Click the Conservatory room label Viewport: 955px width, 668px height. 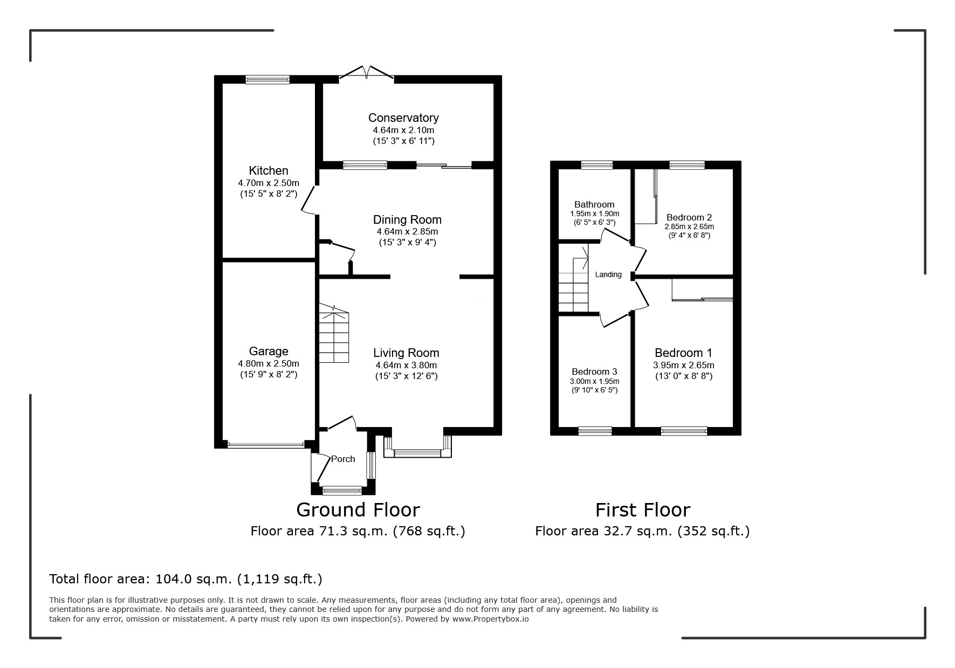pos(403,118)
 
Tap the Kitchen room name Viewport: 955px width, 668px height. pos(269,171)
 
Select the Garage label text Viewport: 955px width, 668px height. pos(269,352)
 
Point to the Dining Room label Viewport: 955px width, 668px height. pos(407,219)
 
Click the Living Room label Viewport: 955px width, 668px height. pos(406,353)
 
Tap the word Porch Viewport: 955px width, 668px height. pos(343,459)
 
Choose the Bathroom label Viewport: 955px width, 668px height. pos(594,204)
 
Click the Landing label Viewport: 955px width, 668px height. pos(608,274)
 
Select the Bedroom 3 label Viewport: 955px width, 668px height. pos(594,371)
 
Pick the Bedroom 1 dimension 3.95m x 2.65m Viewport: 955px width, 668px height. pos(683,365)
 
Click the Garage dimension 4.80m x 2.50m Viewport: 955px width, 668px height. pos(269,363)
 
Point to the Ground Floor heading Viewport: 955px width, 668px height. pos(358,509)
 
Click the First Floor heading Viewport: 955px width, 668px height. pos(643,509)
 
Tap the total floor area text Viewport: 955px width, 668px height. pos(185,579)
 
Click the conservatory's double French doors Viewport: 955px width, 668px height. pos(367,74)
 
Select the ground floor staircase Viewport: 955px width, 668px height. pos(333,333)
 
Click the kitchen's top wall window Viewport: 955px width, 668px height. pos(267,79)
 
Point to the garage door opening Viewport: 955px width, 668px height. pos(266,445)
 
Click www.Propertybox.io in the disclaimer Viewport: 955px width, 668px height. pos(490,619)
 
